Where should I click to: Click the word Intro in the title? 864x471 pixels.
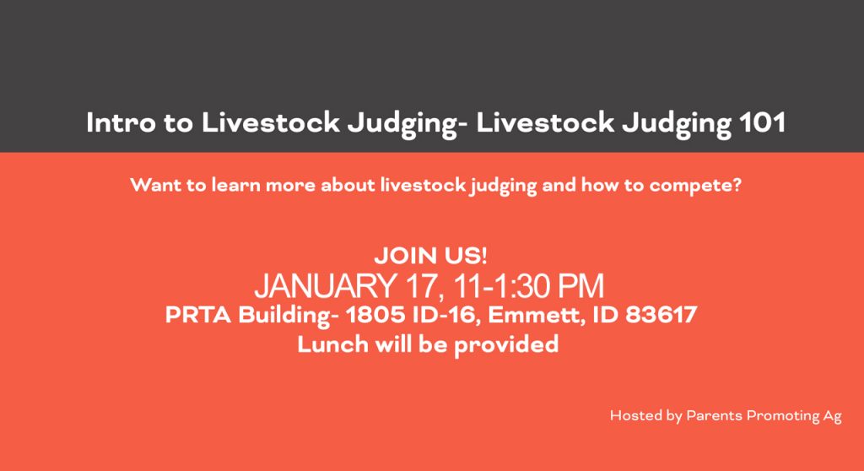121,122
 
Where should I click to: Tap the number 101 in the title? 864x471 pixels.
762,122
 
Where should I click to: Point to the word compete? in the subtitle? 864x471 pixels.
695,186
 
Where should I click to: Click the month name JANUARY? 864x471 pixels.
325,285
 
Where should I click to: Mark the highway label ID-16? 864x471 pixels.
444,316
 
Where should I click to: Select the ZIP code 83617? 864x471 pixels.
661,315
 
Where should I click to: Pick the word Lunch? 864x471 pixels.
332,344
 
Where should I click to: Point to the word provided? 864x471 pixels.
506,345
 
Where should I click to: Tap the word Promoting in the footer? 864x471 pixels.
783,416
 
